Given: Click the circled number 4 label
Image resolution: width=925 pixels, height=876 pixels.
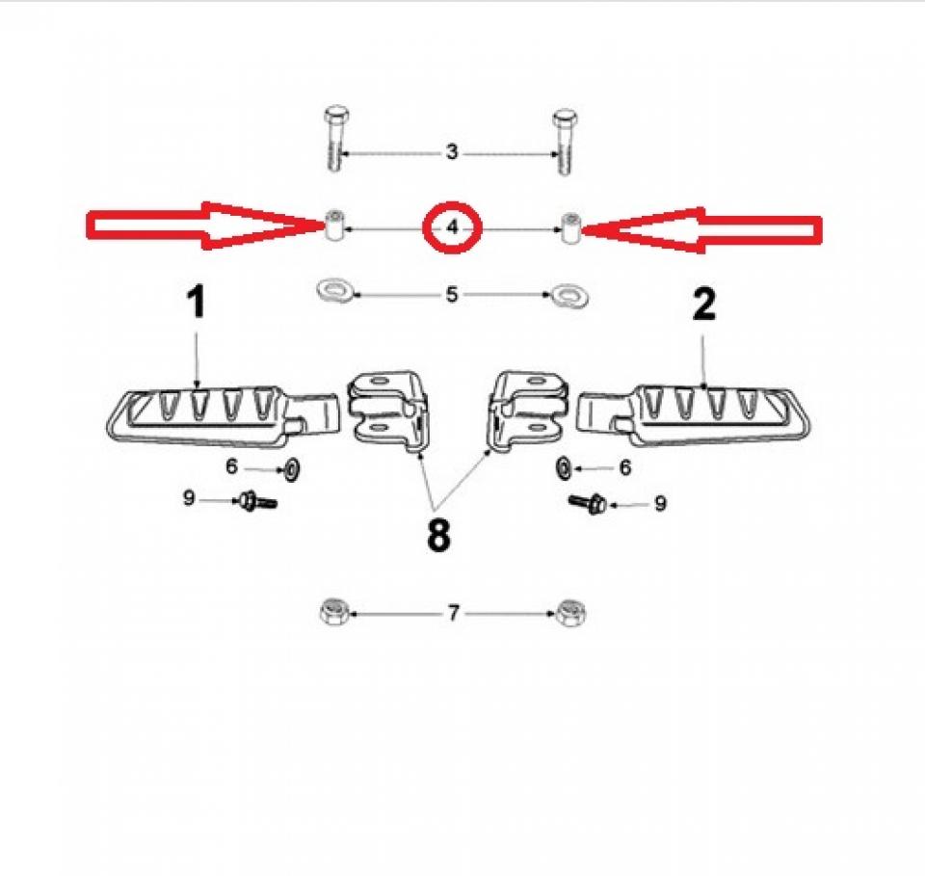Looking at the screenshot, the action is [x=453, y=227].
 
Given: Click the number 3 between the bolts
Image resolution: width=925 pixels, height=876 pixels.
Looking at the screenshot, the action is [x=452, y=152].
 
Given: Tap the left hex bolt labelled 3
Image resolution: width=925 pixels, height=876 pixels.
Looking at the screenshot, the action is [x=335, y=139].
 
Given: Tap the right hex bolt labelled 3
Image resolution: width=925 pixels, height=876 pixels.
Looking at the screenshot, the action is [x=566, y=142].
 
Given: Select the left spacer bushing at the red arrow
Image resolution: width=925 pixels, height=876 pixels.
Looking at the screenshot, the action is [x=334, y=225].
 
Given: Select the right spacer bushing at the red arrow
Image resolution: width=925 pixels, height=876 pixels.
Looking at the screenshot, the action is [x=569, y=227].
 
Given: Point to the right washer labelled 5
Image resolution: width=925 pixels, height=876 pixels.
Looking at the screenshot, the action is [x=569, y=294].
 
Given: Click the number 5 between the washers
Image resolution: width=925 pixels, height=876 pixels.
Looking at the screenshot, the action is [x=452, y=294].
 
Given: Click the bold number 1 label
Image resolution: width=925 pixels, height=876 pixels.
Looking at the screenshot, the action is [x=197, y=302].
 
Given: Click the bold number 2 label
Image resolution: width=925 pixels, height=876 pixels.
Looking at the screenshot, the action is [x=703, y=305].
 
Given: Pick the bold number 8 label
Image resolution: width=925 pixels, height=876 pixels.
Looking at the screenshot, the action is [x=438, y=536].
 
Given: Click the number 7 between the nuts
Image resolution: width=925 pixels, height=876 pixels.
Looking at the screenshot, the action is [x=453, y=613].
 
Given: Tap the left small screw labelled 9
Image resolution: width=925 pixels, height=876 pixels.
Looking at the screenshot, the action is [x=256, y=501].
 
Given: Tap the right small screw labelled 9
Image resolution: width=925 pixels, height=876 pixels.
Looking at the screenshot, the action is [x=588, y=503].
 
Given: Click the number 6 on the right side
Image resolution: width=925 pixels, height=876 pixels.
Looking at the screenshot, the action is [x=624, y=467].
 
